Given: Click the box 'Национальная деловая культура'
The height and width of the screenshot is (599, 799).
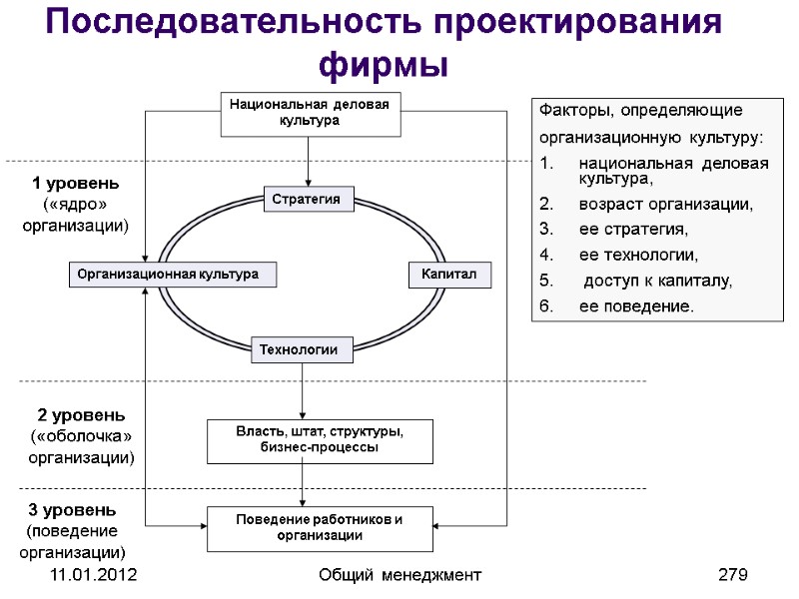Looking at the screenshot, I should coord(310,112).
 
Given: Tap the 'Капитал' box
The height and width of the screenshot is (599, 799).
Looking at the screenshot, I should coord(449,274).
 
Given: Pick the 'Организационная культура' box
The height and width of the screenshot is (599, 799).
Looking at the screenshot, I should coord(172,274).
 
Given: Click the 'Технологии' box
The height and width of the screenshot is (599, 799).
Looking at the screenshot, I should coord(306,349).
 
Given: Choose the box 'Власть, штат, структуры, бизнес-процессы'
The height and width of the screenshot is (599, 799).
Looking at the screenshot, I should coord(320,440).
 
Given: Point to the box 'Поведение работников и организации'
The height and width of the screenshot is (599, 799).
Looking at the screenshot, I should coord(320,528).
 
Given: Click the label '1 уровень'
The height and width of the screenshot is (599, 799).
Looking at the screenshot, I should coord(76,184).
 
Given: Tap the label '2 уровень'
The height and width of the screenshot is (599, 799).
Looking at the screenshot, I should coord(81,414).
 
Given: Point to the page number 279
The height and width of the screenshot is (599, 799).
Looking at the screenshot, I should coord(733,575).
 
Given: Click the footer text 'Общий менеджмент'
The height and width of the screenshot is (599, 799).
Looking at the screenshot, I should coord(399,575).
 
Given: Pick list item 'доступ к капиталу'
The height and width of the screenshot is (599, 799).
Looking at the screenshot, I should coord(658,281).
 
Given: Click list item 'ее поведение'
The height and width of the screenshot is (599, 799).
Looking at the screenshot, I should coord(635,305).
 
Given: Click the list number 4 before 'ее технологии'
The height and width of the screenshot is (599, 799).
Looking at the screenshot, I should coord(545,255).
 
